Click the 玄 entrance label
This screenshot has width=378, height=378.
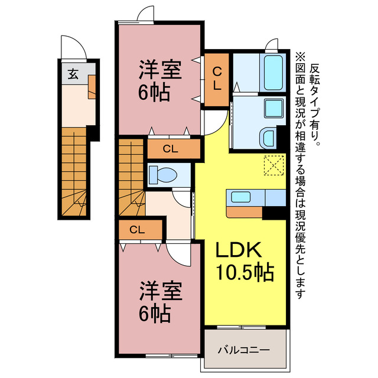click(73, 74)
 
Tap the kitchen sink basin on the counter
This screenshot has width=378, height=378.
click(240, 197)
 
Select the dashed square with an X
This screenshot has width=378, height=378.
click(273, 165)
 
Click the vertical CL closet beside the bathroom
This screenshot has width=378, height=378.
click(217, 80)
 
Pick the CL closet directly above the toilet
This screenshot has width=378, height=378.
click(171, 148)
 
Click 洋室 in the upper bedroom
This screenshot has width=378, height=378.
click(160, 69)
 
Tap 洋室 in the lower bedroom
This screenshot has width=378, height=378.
click(160, 292)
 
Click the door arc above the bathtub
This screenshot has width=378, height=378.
click(272, 45)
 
